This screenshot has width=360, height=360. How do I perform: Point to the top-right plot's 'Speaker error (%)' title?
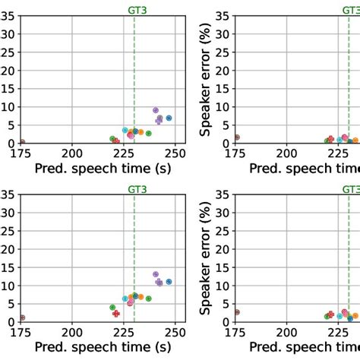pos(206,79)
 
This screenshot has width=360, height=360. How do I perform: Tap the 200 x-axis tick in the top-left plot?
pos(73,153)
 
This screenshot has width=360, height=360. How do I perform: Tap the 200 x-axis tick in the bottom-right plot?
pos(287,332)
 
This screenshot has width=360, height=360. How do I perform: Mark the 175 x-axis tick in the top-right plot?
pos(236,153)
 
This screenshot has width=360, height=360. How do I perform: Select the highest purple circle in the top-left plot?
pos(156,110)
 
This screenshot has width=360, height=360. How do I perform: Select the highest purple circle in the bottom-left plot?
pos(156,274)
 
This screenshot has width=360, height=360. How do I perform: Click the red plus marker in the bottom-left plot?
pos(116,313)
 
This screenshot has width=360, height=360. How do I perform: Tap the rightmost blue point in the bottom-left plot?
pos(169,281)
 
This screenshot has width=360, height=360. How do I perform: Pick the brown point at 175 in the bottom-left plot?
pos(22,317)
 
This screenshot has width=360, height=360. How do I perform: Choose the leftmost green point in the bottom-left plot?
pos(112,308)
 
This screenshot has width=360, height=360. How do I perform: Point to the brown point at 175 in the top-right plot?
pos(237,137)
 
